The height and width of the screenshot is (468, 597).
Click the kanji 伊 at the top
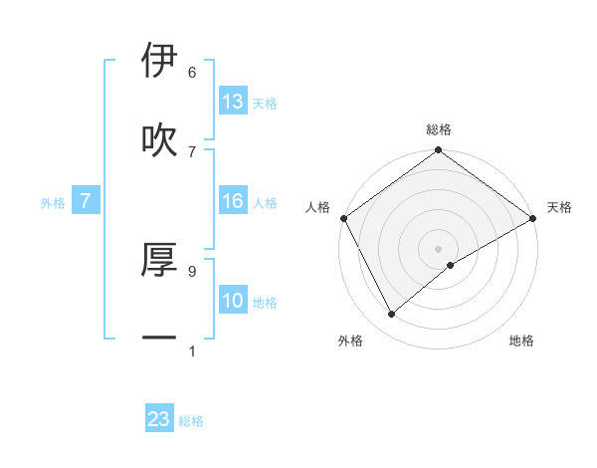click(159, 61)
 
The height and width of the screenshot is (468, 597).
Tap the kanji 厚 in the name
click(159, 259)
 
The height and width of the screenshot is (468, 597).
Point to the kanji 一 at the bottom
click(159, 339)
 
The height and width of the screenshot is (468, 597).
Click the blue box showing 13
click(233, 102)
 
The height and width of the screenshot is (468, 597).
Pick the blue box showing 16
click(233, 202)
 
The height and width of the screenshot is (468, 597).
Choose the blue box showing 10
click(233, 301)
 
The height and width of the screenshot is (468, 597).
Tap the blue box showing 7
click(86, 202)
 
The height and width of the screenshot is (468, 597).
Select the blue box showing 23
click(159, 419)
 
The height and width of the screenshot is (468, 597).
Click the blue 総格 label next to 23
click(192, 421)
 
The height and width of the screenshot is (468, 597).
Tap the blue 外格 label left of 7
click(53, 203)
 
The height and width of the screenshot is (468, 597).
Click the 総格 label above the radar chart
click(439, 129)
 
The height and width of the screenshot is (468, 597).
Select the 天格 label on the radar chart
click(559, 207)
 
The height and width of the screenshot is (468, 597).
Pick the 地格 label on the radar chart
click(521, 341)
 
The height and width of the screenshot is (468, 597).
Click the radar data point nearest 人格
click(343, 218)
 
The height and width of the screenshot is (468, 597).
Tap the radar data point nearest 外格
click(391, 315)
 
